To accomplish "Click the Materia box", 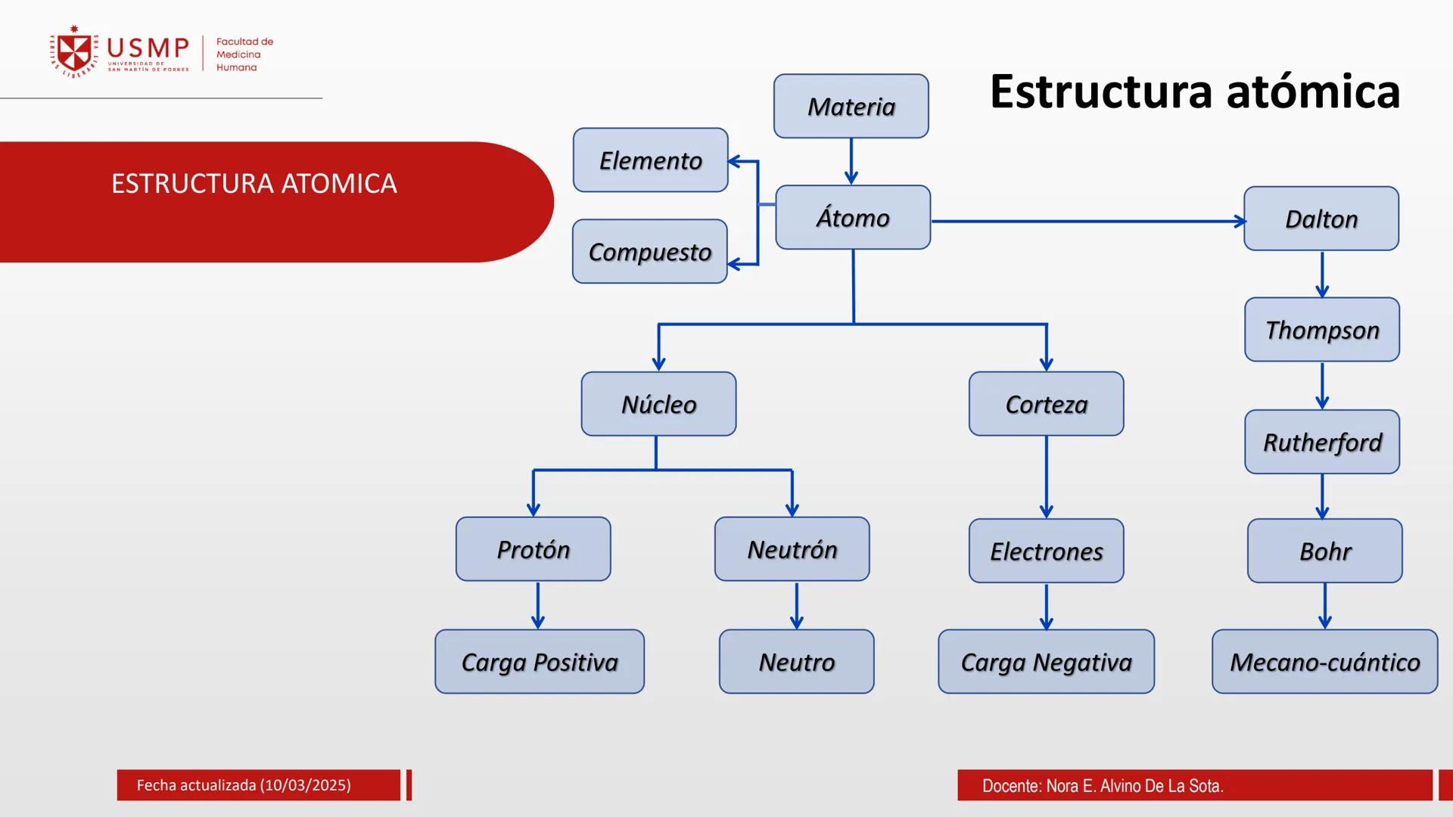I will (851, 106).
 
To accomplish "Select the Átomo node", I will (853, 217).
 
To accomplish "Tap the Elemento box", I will (650, 160).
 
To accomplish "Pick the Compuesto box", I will (649, 251).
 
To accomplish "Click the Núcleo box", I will (658, 404).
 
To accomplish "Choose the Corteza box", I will (1046, 404).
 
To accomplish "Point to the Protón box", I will (533, 549).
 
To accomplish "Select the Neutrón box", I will (792, 549).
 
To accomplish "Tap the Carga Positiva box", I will (539, 662).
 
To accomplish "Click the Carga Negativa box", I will (1046, 662).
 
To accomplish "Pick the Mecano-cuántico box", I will (1324, 662).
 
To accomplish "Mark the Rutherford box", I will (1321, 442).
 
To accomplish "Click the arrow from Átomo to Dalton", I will (1087, 222).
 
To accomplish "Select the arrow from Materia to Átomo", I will (851, 161).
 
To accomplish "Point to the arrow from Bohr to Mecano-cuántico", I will (1324, 605).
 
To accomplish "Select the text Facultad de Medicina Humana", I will (244, 54).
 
